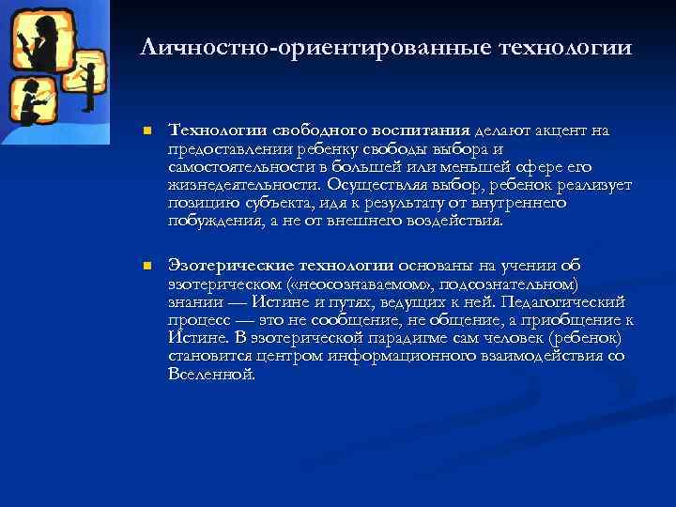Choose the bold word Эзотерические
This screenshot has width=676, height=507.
click(x=228, y=268)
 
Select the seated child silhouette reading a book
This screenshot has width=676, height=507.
click(x=30, y=103)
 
